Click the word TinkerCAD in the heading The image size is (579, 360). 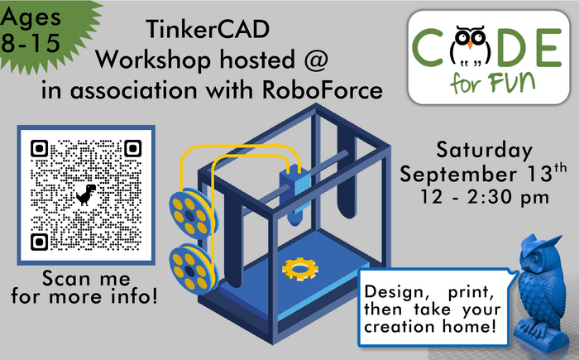(x=203, y=31)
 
